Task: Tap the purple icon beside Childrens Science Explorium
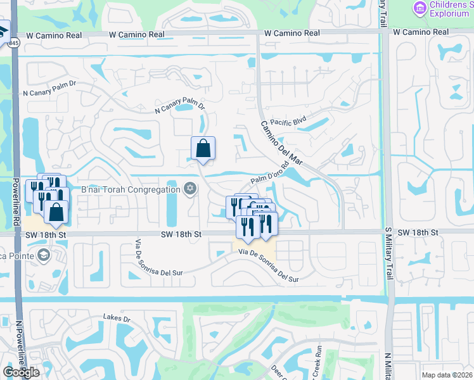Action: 419,8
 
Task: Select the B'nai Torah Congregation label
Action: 131,189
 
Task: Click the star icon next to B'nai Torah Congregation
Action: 189,188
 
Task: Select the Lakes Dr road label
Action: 117,319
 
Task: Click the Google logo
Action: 22,372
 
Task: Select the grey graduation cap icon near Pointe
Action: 44,255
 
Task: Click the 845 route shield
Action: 14,43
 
